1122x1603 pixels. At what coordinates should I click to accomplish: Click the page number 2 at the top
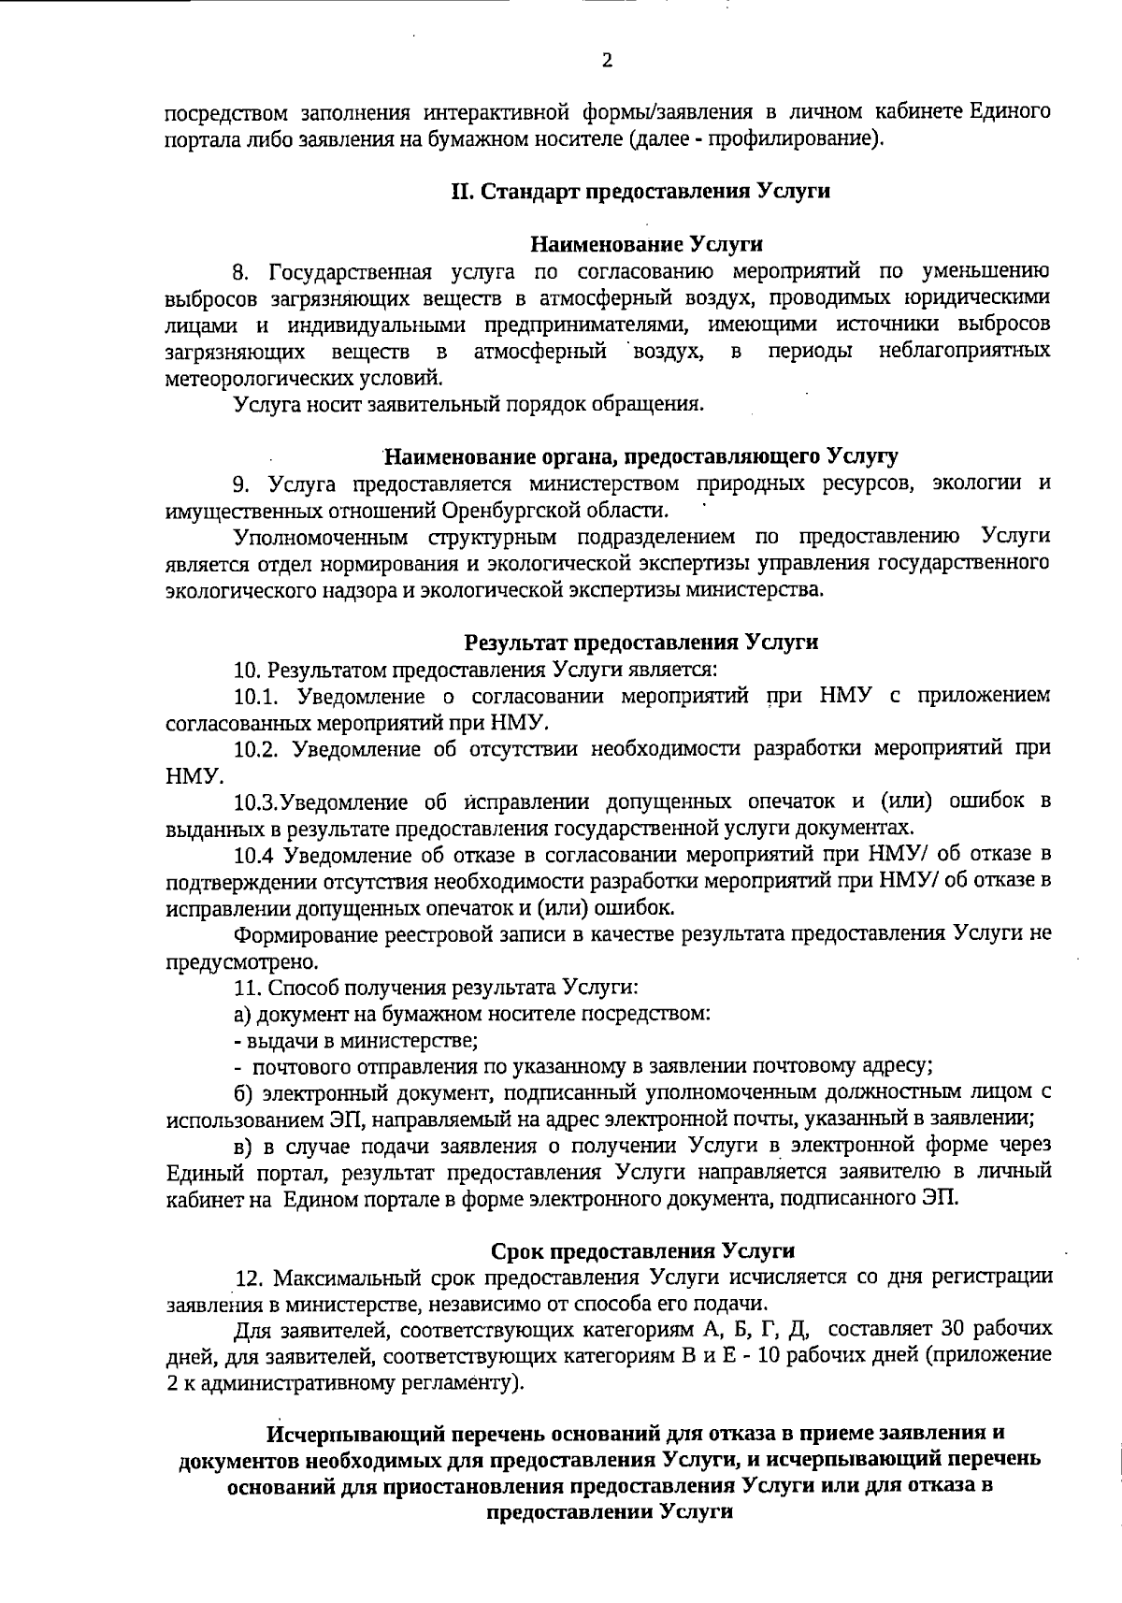[x=608, y=61]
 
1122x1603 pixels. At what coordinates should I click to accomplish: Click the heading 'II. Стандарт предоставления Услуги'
[x=641, y=191]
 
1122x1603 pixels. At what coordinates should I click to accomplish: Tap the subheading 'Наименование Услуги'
[x=646, y=245]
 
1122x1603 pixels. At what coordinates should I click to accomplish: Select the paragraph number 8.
[x=241, y=272]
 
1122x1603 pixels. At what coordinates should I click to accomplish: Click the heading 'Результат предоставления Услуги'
[x=641, y=643]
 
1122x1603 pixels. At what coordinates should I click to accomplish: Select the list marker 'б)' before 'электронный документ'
[x=243, y=1092]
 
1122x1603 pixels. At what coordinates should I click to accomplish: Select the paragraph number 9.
[x=241, y=484]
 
